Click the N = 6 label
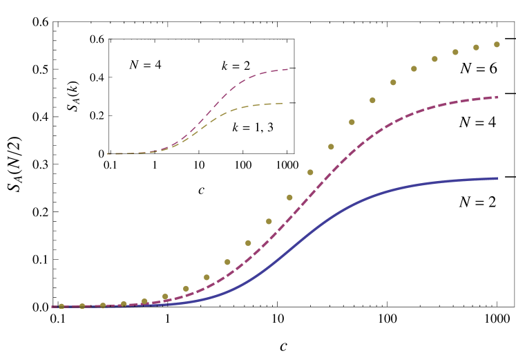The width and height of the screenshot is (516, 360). [479, 68]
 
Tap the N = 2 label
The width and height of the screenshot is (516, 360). [477, 202]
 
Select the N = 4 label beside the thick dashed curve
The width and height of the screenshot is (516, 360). [477, 122]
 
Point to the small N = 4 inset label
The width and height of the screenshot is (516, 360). [145, 65]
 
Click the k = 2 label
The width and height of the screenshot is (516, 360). [236, 66]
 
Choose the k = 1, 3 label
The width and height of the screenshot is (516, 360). [253, 128]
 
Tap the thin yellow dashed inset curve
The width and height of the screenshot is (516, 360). [228, 111]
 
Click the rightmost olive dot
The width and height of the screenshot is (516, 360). [497, 44]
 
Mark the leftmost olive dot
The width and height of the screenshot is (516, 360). [61, 306]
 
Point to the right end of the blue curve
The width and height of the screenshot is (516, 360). [497, 178]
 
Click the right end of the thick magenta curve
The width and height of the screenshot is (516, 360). [497, 97]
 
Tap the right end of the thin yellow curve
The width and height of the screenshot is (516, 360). [283, 104]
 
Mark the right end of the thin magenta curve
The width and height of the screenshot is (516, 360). [287, 69]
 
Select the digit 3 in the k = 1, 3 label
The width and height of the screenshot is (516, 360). [269, 128]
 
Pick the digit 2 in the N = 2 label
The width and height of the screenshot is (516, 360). [491, 202]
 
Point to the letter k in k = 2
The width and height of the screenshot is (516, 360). [225, 66]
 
